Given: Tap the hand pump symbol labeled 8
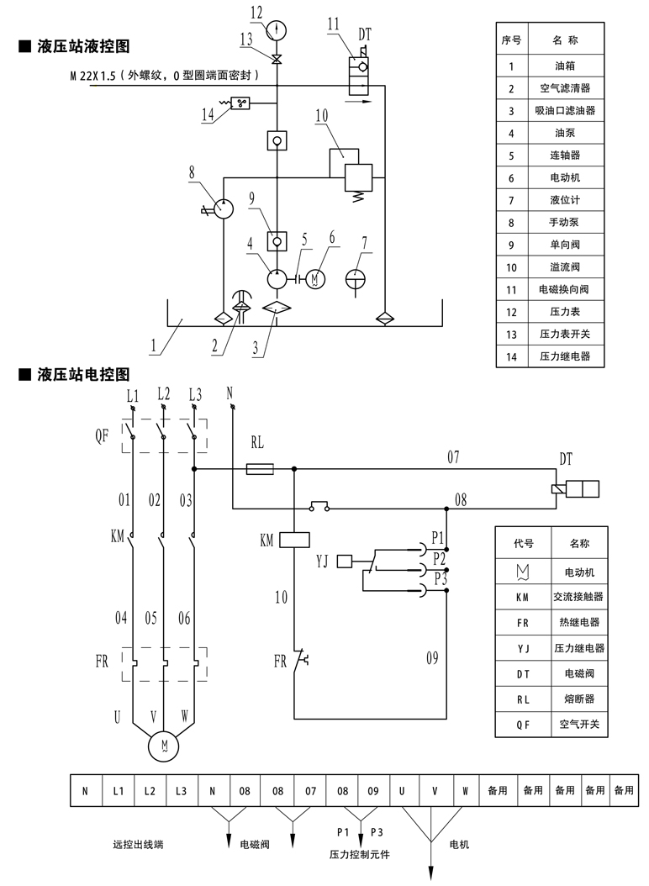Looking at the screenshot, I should pos(223,208).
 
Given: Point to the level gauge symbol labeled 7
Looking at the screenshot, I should pos(358,277).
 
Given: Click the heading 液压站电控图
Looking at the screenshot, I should pos(82,373).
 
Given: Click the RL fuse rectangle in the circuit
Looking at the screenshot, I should pos(260,469).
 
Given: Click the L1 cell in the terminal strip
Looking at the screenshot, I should pos(118,790).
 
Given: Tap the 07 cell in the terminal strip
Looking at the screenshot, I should pos(309,790).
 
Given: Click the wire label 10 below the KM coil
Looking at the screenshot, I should pos(281,598).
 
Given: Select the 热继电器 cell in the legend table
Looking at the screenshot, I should pos(580,623).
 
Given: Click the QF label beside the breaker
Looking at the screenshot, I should pos(102,437).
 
